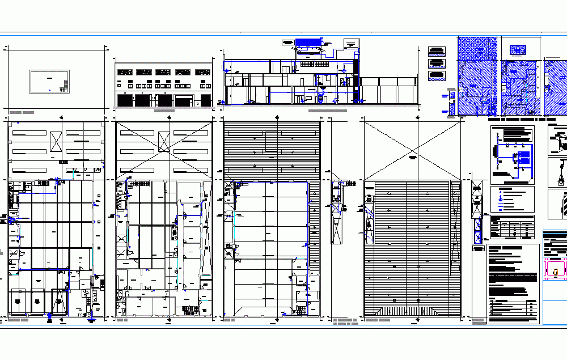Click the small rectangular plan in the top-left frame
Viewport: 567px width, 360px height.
click(x=49, y=81)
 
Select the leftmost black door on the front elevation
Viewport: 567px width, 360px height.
click(x=122, y=100)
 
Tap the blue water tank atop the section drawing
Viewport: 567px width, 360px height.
click(x=308, y=43)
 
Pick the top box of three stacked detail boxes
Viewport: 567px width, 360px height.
click(x=435, y=49)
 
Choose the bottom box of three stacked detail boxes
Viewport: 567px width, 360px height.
click(x=435, y=74)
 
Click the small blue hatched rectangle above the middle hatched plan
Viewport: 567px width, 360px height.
click(x=518, y=50)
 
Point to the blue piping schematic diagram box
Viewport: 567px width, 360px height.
click(x=513, y=155)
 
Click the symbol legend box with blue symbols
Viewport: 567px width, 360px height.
click(x=513, y=199)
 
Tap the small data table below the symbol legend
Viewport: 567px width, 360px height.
click(x=513, y=228)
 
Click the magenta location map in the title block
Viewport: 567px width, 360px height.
click(x=555, y=268)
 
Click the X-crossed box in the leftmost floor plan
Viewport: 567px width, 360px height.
click(x=55, y=139)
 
